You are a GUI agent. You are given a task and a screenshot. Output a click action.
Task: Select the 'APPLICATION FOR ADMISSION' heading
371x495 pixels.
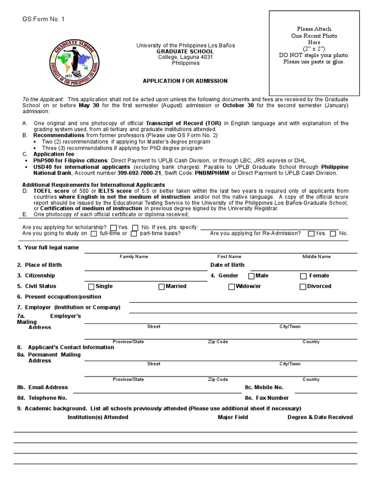[185, 81]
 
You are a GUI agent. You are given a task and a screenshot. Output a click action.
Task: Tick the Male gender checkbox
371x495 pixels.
[251, 276]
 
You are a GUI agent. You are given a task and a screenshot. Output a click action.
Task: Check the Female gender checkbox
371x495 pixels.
[303, 276]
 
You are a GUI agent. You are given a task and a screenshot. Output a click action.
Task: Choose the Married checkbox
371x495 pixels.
[161, 287]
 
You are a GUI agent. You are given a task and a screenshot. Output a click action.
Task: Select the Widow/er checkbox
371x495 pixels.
[231, 287]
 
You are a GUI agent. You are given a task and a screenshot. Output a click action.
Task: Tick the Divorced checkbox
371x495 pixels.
[303, 287]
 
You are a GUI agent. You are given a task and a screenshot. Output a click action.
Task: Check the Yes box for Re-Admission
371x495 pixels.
[311, 234]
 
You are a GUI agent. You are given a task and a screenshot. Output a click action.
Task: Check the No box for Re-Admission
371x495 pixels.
[333, 234]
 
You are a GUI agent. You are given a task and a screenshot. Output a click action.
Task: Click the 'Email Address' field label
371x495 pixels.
[48, 387]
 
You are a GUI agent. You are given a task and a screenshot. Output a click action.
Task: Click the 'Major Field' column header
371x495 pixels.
[233, 417]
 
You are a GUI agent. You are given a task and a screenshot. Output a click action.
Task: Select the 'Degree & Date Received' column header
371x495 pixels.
[320, 417]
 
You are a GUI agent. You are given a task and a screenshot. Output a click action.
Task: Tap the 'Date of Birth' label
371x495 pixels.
[227, 265]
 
